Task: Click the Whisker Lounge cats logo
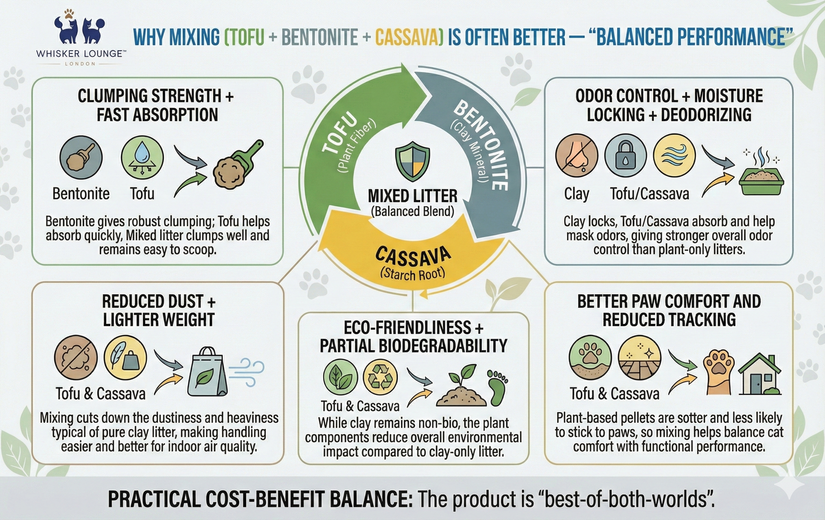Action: coord(79,27)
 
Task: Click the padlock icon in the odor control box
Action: coord(625,156)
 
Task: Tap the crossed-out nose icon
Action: coord(577,156)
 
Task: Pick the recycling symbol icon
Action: coord(380,377)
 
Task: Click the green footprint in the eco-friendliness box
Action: coord(498,388)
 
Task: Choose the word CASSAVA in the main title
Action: coord(408,38)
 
